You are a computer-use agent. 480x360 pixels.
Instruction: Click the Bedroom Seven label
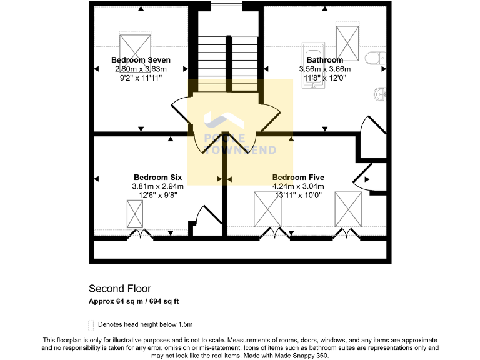141,60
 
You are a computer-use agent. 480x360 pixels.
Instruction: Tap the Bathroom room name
324,60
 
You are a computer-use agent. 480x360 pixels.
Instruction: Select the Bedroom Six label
157,177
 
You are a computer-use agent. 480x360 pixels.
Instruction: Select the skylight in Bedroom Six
135,214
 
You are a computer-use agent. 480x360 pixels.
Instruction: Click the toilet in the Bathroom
376,58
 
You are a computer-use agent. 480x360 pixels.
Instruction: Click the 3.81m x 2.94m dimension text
157,186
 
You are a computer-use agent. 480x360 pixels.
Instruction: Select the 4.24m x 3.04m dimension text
298,186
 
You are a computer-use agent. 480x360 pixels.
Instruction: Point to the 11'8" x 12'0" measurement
324,78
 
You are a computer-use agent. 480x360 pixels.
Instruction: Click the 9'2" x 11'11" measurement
141,78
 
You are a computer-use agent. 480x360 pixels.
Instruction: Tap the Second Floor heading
120,288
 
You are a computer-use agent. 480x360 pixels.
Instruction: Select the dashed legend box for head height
91,324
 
